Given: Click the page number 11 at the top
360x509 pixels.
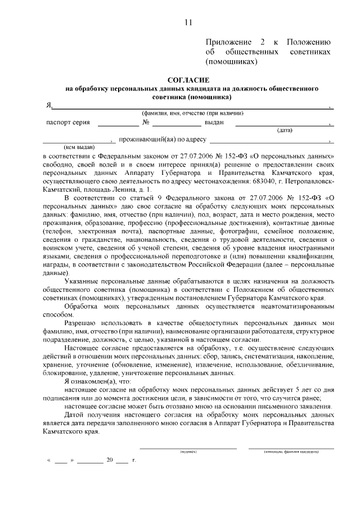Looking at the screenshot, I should pos(188,22).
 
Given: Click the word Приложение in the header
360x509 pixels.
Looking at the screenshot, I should pos(228,43).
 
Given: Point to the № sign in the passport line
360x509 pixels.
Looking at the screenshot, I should pos(146,123).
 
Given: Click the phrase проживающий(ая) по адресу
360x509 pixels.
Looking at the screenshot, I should pos(163,139).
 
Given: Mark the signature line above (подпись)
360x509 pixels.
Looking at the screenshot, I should pos(188,448).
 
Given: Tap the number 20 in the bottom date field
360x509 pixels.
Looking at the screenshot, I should pos(110,460).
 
